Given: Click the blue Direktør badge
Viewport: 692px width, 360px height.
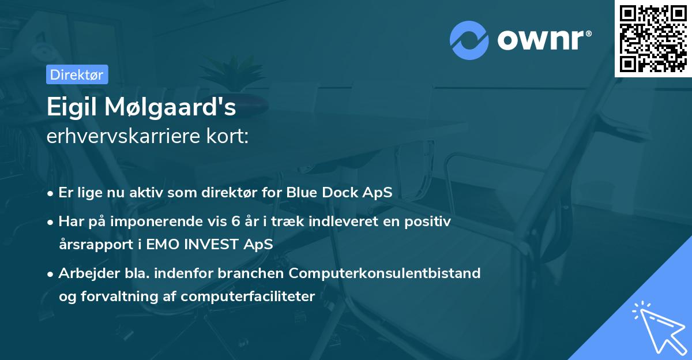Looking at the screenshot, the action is [x=77, y=74].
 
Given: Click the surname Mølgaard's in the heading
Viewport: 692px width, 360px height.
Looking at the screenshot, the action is [x=170, y=107].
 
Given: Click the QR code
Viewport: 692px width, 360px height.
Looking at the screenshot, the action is [x=653, y=39].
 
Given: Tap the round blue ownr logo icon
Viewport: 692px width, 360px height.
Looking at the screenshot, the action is [x=469, y=40].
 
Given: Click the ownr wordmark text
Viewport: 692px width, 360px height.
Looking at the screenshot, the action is [x=544, y=40].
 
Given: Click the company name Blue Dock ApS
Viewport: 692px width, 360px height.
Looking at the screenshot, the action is [x=339, y=193].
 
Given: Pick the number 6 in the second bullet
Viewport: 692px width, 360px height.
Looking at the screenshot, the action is [x=236, y=222].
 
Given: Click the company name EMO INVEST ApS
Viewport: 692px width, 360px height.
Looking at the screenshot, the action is [x=209, y=244].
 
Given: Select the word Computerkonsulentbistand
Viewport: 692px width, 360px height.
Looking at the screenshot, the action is [x=385, y=273].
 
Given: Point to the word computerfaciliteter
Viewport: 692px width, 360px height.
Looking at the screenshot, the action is [x=248, y=297].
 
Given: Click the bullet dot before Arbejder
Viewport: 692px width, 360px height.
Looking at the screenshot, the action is [x=50, y=274].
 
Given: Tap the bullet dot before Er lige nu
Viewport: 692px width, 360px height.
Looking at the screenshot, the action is [x=50, y=193].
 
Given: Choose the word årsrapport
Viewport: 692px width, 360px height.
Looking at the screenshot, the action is [x=96, y=245].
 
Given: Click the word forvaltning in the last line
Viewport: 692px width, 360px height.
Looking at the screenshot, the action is [x=119, y=297].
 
